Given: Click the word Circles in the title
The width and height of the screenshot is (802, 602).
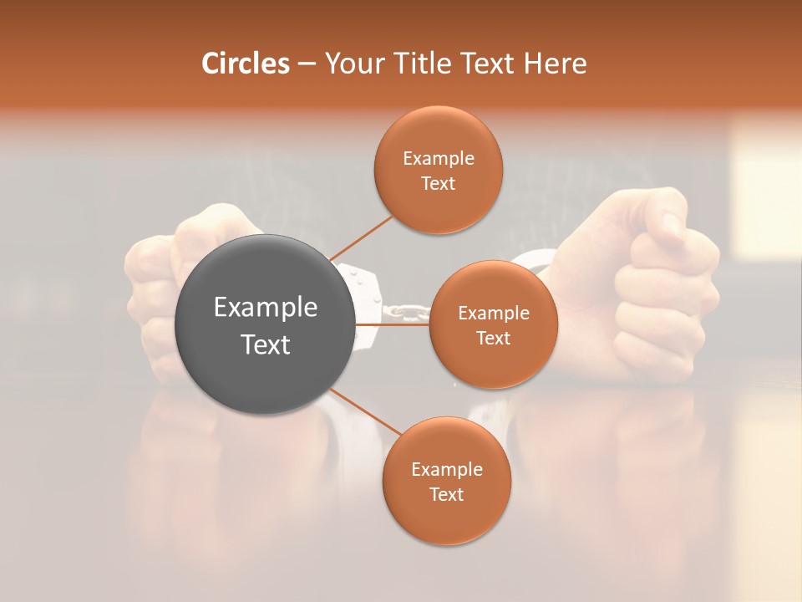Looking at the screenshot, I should (x=245, y=64).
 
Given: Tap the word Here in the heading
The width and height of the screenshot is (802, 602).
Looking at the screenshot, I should (x=555, y=64).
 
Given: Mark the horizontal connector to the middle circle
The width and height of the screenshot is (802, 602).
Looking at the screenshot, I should (x=393, y=324).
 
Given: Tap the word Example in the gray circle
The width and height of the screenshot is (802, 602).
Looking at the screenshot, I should (x=266, y=308).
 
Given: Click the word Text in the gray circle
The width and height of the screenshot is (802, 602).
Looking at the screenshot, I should (x=266, y=344).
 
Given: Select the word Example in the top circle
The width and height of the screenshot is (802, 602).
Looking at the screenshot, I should (x=439, y=159).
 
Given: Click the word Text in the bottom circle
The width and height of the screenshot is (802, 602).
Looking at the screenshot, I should (x=446, y=494).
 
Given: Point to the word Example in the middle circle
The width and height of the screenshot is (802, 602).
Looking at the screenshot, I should (x=493, y=314).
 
